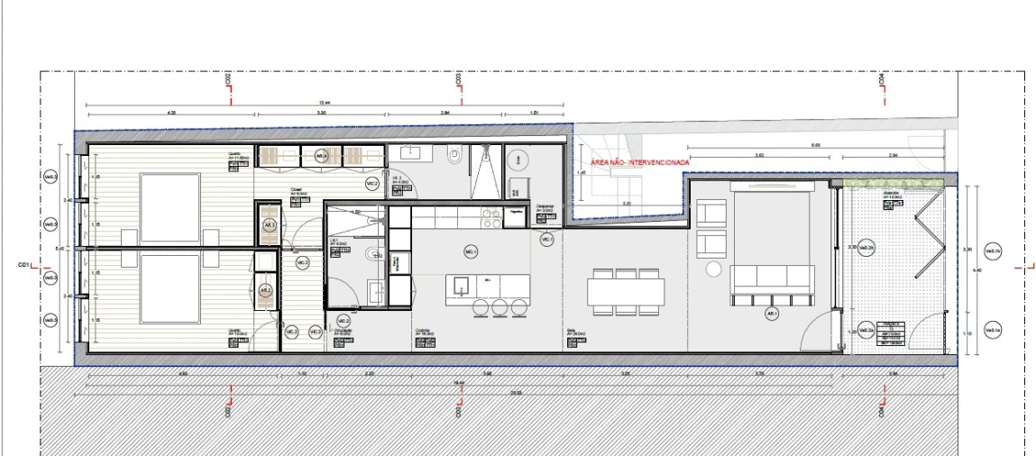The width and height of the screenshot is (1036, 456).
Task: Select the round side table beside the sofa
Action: (714, 269)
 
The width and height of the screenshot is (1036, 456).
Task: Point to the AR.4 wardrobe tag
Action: (321, 156)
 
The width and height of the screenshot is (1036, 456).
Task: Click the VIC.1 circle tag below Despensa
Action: (546, 240)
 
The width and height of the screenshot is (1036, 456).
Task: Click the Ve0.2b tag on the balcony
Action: (866, 249)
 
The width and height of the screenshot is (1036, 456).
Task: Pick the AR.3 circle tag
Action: (269, 225)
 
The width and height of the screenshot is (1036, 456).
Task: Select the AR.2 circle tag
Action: (265, 291)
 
